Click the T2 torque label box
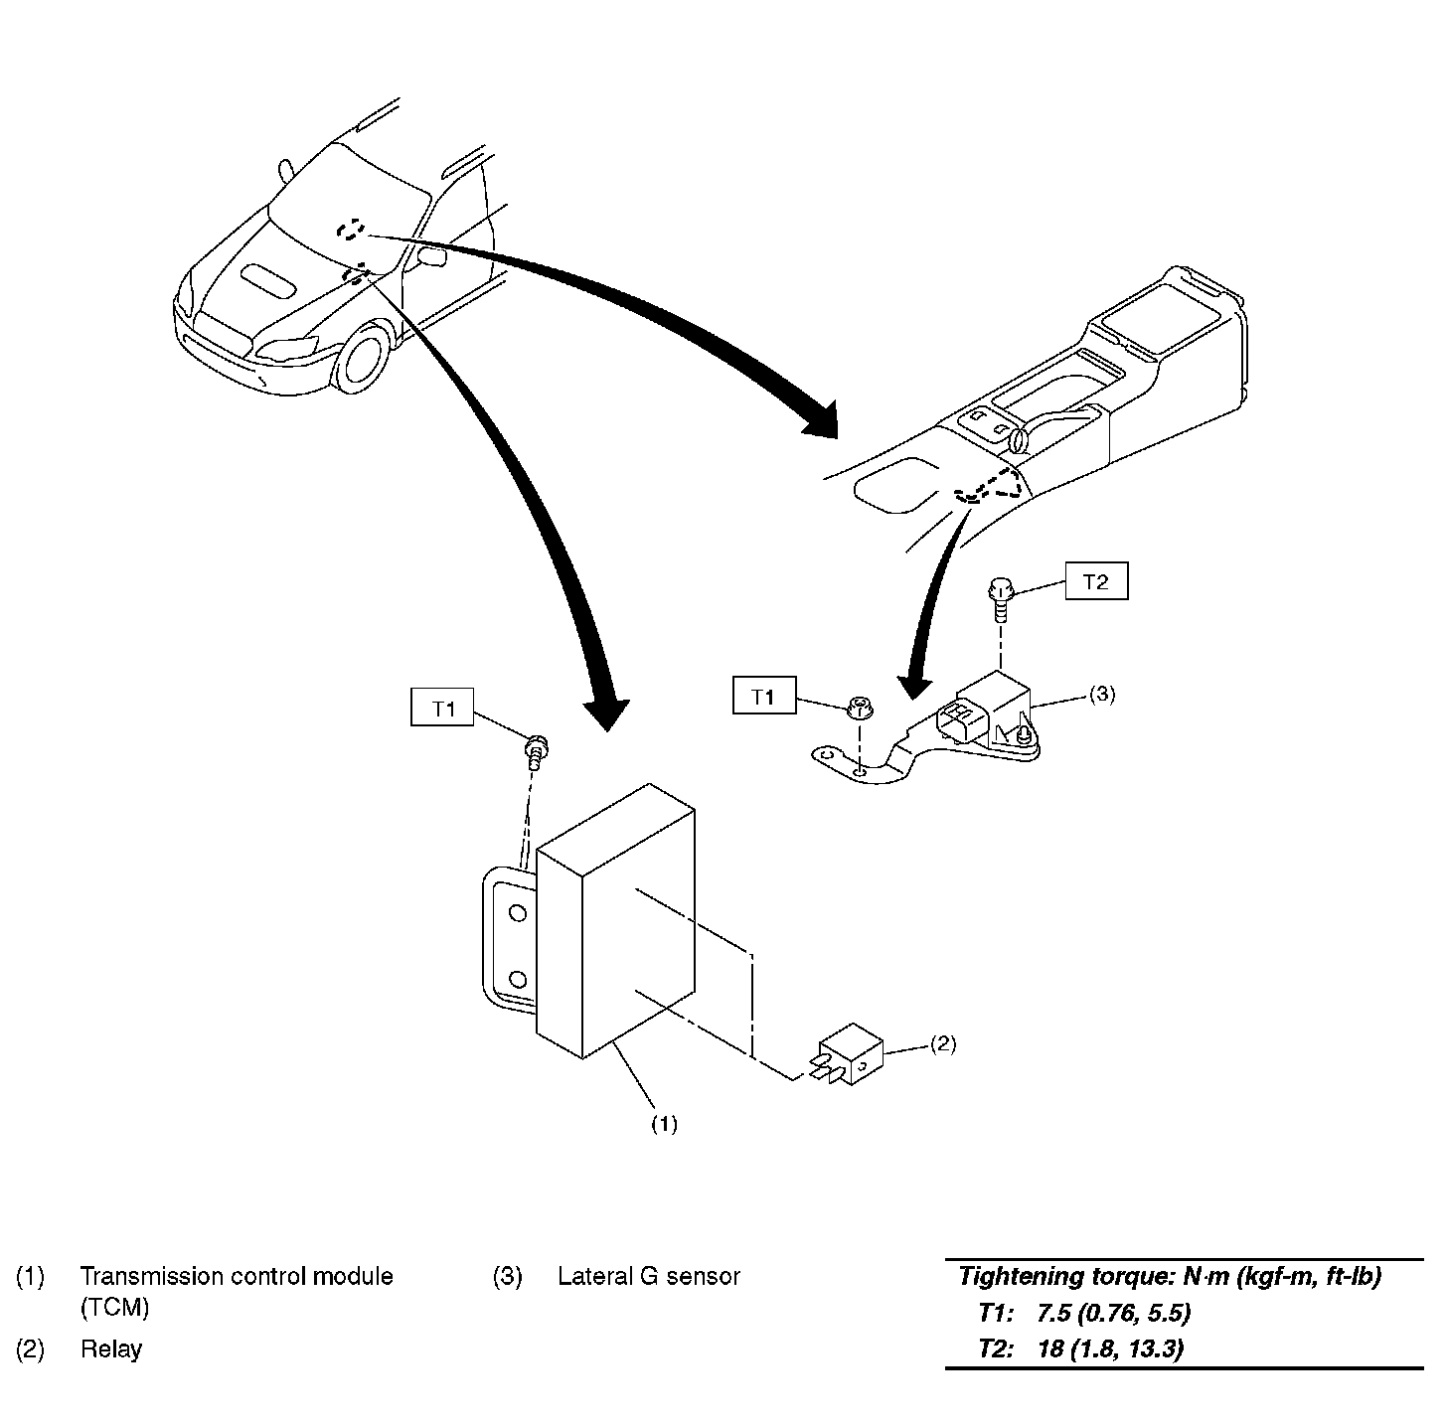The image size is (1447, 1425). [1096, 580]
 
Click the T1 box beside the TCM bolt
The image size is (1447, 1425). [442, 707]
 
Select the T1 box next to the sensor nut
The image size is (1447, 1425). [764, 695]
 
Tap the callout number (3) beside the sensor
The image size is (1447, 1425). [1101, 694]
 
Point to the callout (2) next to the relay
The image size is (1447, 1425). [943, 1043]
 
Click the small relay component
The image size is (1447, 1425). [846, 1053]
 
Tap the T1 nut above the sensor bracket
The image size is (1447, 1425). [859, 707]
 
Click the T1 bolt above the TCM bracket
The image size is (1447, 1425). [536, 752]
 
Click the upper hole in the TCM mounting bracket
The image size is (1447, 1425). [518, 912]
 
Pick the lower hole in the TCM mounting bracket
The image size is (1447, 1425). [518, 979]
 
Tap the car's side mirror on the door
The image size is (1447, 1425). [431, 255]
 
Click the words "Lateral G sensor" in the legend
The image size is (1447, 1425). [649, 1276]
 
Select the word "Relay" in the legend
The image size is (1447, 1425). [111, 1348]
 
